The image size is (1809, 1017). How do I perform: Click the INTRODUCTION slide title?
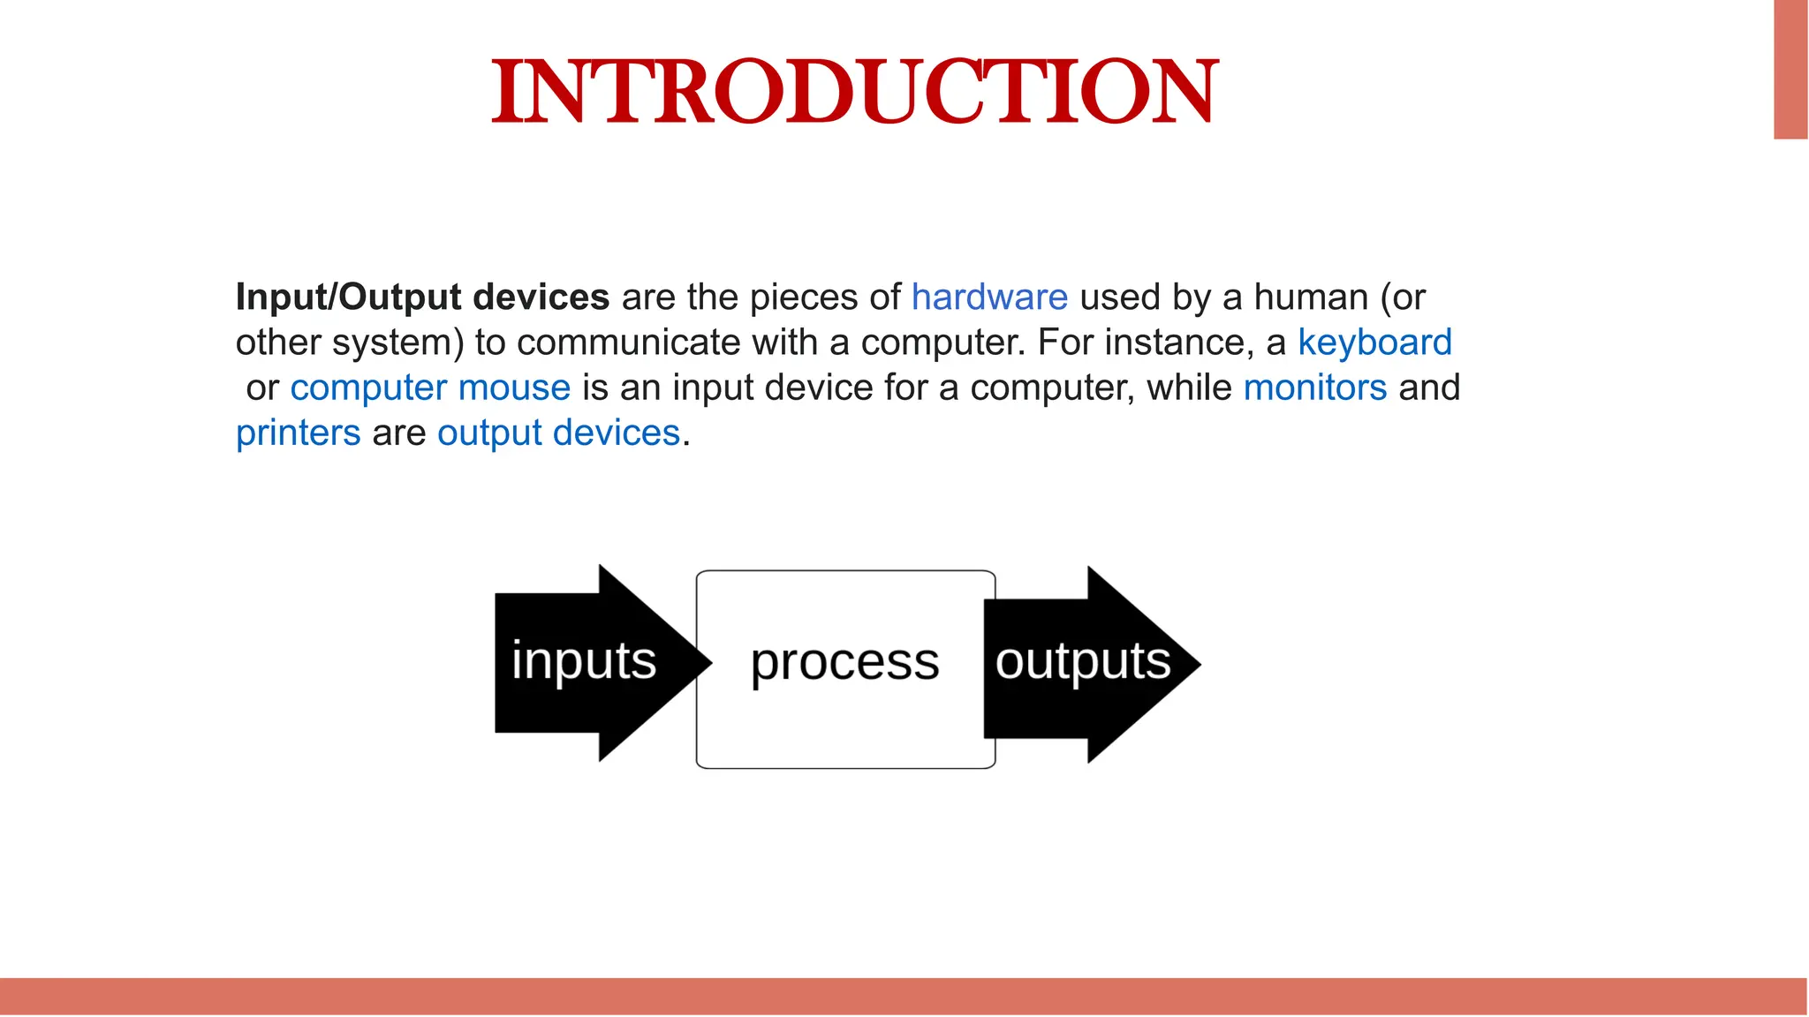854,92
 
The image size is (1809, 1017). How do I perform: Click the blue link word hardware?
989,298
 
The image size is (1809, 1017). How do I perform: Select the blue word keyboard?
1374,343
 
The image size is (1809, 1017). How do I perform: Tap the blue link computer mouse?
430,388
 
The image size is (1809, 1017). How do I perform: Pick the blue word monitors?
1314,388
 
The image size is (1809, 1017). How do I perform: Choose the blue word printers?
298,433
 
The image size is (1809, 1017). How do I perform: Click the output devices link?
558,433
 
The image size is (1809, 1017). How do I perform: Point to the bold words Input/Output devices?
422,298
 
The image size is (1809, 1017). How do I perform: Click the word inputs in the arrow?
584,661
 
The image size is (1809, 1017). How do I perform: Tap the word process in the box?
844,663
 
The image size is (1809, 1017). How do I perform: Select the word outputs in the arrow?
1082,661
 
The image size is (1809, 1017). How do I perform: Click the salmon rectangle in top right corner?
1790,69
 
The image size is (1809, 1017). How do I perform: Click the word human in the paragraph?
1311,298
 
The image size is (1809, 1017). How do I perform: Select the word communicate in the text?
628,343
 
